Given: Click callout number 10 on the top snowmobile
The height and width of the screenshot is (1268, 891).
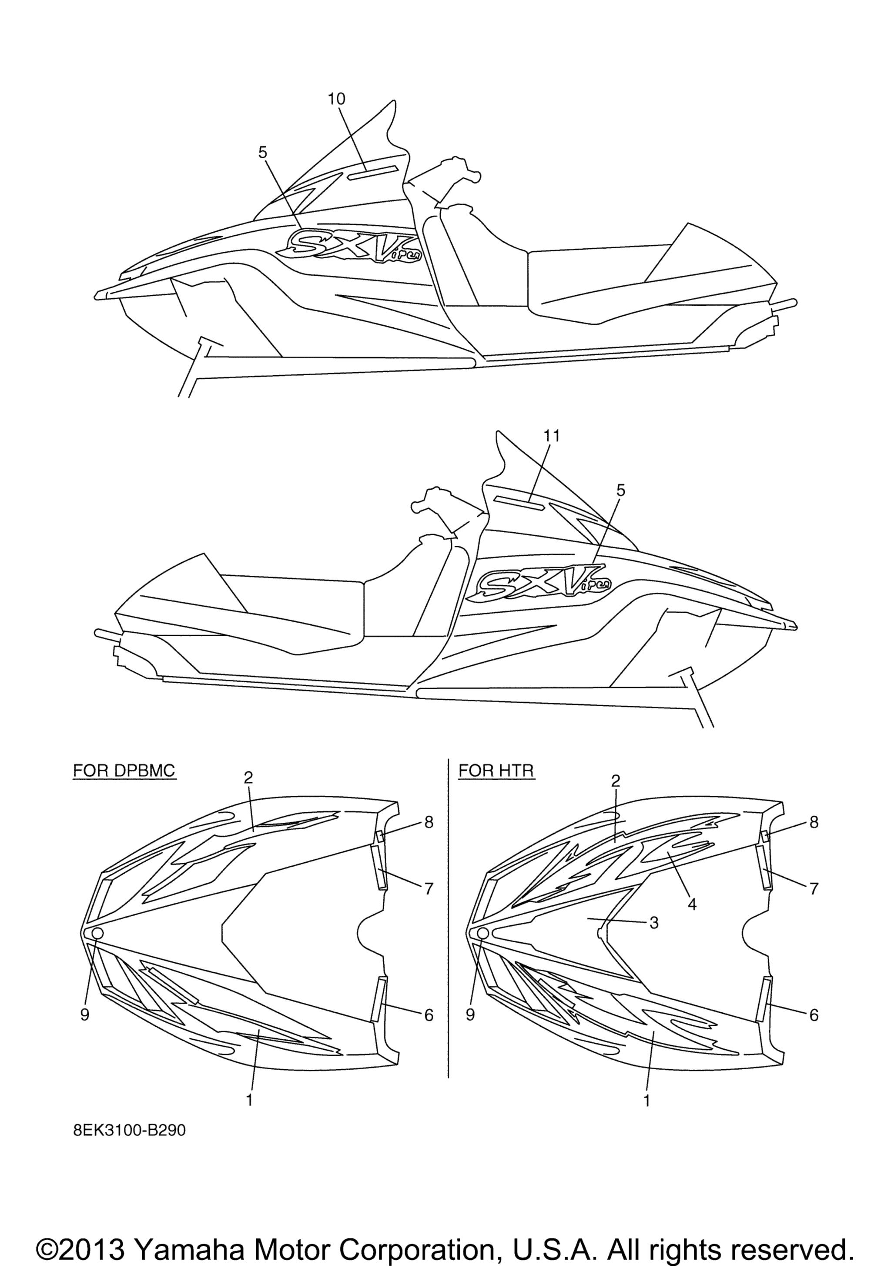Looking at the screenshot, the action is coord(336,99).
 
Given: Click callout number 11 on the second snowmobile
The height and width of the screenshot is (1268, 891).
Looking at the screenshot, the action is coord(551,436).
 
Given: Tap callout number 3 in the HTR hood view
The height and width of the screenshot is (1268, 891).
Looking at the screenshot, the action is coord(653,923).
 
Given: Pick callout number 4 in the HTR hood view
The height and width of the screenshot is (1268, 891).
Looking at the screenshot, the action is coord(692,904).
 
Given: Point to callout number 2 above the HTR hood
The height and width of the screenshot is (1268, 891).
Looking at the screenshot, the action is coord(616,781).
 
